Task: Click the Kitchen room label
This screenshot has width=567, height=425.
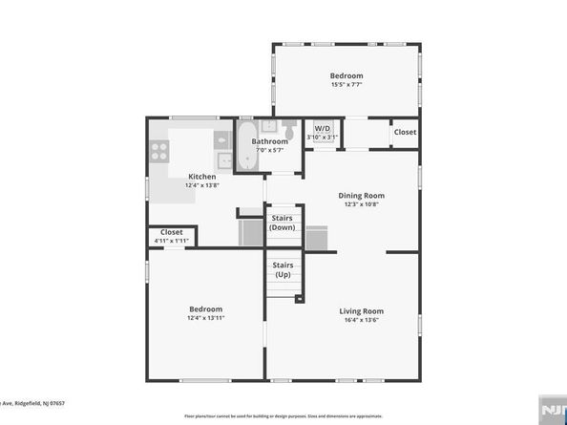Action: pyautogui.click(x=201, y=176)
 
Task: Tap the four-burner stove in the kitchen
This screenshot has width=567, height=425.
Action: pyautogui.click(x=158, y=150)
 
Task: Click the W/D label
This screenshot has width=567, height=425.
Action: pyautogui.click(x=322, y=128)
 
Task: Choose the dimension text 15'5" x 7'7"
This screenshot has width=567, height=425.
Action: pyautogui.click(x=346, y=85)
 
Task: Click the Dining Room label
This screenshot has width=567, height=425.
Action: pyautogui.click(x=360, y=196)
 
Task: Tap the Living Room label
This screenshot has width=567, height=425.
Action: pyautogui.click(x=361, y=310)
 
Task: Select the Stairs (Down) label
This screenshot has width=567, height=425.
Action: pyautogui.click(x=283, y=223)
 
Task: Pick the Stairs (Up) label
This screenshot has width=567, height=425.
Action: pyautogui.click(x=283, y=269)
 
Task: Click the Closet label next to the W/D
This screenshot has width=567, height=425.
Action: pyautogui.click(x=405, y=132)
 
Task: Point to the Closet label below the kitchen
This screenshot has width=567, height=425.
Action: pyautogui.click(x=172, y=232)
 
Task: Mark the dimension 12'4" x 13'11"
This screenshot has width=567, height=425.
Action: pyautogui.click(x=205, y=318)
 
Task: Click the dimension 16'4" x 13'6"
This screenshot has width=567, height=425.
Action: pyautogui.click(x=361, y=320)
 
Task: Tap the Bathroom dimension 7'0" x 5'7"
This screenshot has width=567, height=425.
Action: pyautogui.click(x=269, y=150)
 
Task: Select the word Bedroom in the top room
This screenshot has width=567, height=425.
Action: pyautogui.click(x=346, y=75)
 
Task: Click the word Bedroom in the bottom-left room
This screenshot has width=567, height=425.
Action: pyautogui.click(x=205, y=308)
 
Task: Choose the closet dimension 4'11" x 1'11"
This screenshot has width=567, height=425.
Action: pyautogui.click(x=172, y=241)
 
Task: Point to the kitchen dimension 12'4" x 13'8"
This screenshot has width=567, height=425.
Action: pyautogui.click(x=201, y=185)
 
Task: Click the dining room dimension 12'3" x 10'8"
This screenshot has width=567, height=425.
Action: pyautogui.click(x=360, y=205)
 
